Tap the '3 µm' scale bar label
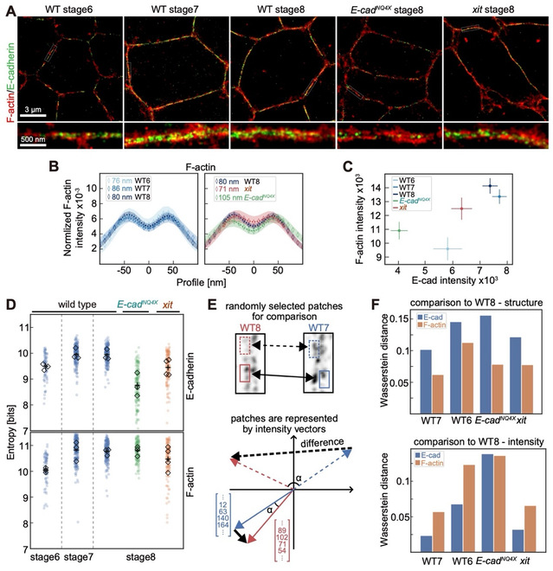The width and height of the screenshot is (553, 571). (35, 112)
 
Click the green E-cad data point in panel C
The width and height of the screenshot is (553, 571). (399, 230)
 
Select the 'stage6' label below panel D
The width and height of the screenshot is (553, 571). (34, 547)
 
